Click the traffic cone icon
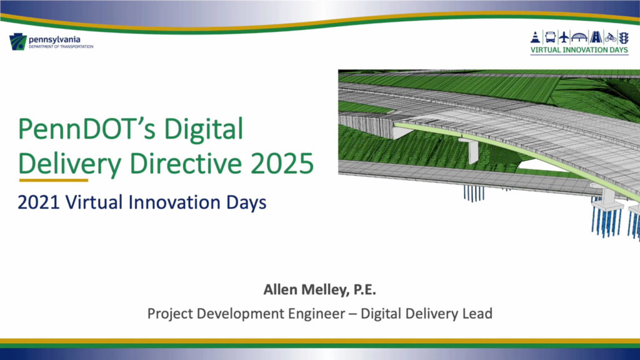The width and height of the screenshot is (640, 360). coord(536,36)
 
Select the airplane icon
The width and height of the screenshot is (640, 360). coord(565,36)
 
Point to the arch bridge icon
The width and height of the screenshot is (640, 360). coord(581,36)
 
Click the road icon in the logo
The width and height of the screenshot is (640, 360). coord(596,36)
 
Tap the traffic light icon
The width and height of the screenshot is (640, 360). coord(624,36)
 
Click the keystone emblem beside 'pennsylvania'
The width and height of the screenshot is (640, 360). coord(17,42)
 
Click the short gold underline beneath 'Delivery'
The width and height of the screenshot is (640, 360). coord(53,180)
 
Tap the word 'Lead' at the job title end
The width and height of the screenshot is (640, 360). coord(478,312)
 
